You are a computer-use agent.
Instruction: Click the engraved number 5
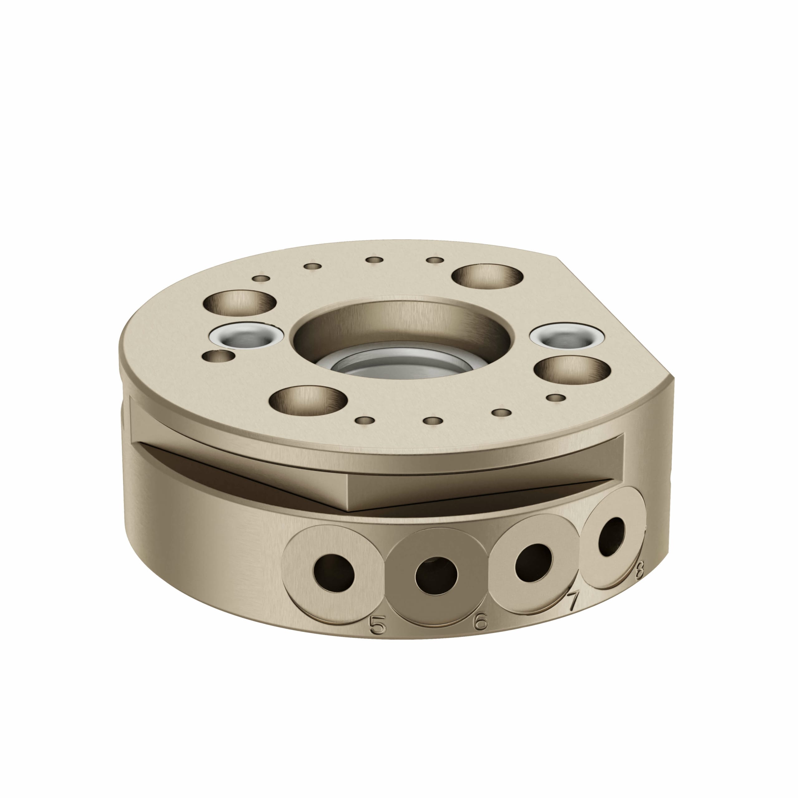point(377,637)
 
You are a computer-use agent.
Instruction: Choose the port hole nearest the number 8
point(612,536)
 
